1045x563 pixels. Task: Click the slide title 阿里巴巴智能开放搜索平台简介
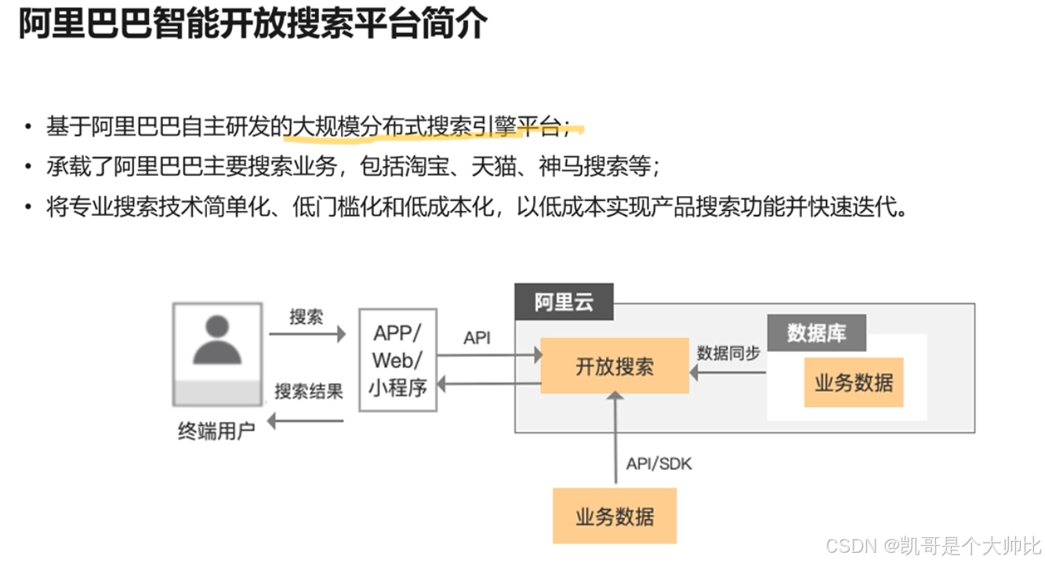253,27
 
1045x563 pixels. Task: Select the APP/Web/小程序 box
397,360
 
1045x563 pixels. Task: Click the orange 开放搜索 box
614,365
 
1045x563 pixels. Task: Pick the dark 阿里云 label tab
564,302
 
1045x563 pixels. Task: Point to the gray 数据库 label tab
816,333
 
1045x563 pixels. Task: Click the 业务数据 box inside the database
854,382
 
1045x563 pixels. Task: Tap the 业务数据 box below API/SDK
614,516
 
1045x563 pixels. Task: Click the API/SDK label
659,464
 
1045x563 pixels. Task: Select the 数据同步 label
728,354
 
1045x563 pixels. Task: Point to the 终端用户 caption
216,431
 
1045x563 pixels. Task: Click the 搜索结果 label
309,390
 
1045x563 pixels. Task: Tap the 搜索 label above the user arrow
306,317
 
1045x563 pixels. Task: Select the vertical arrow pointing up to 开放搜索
615,439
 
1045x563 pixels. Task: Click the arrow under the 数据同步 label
728,372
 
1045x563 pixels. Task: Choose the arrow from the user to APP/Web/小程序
307,335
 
